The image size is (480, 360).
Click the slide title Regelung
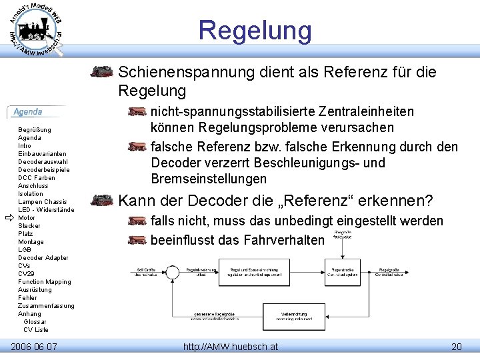pos(255,31)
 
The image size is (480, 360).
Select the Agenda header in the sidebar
pos(28,112)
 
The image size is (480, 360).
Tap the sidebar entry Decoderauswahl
pos(43,161)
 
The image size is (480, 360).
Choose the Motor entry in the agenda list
pos(27,218)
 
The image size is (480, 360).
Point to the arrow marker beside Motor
pos(9,218)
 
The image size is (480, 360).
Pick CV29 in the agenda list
pos(26,274)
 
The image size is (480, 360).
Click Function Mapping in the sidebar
pos(44,282)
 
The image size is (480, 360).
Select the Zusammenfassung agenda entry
pos(46,306)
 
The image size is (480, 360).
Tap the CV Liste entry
pos(36,330)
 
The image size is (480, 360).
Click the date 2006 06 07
pos(34,347)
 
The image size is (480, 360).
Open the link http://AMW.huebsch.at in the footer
pos(231,347)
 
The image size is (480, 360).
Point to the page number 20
pos(456,347)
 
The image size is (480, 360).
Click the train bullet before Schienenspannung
pos(102,72)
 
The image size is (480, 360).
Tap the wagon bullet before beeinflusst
pos(137,239)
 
